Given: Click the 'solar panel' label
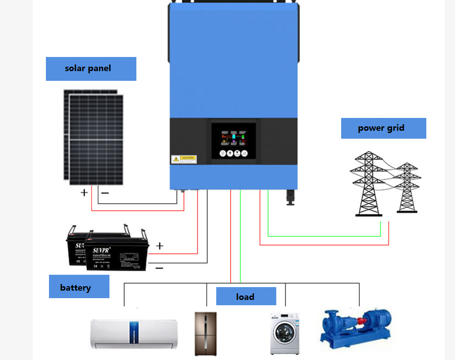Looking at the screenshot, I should tap(91, 68).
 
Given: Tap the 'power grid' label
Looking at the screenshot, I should tap(383, 128).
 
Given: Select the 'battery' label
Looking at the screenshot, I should tap(79, 287).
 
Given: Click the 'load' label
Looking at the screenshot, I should tap(246, 296).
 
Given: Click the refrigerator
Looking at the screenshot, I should tap(206, 333).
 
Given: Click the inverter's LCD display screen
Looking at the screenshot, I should tap(233, 137).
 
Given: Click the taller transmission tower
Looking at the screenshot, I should tap(368, 184).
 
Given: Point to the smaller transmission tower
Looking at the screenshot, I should tap(406, 188).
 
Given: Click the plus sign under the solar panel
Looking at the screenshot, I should tap(84, 193).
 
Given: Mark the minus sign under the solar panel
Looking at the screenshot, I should tap(105, 193).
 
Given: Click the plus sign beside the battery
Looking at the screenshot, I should tap(160, 246).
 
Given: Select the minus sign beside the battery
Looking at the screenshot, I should tap(159, 268).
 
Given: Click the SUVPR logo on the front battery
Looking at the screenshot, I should tap(101, 250).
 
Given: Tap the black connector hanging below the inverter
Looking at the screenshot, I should tap(291, 197).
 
